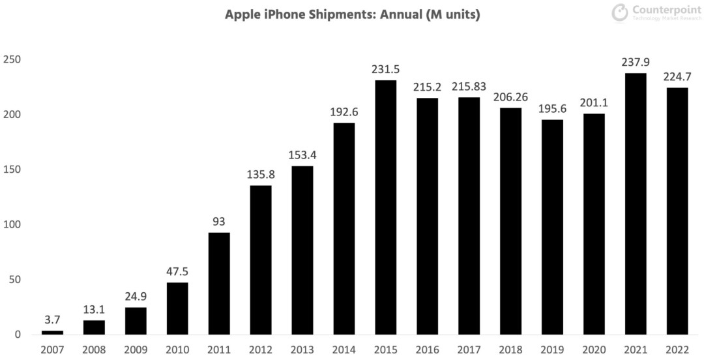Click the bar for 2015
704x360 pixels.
[386, 207]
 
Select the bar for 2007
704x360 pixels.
[52, 333]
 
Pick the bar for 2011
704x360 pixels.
[219, 284]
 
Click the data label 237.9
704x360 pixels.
[636, 63]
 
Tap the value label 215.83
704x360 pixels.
[469, 87]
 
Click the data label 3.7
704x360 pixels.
[52, 320]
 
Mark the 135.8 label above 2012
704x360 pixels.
[261, 175]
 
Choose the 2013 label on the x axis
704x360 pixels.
[302, 350]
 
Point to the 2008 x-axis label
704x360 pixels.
[94, 350]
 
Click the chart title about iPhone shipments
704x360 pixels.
[352, 14]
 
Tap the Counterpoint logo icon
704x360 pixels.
[620, 13]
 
